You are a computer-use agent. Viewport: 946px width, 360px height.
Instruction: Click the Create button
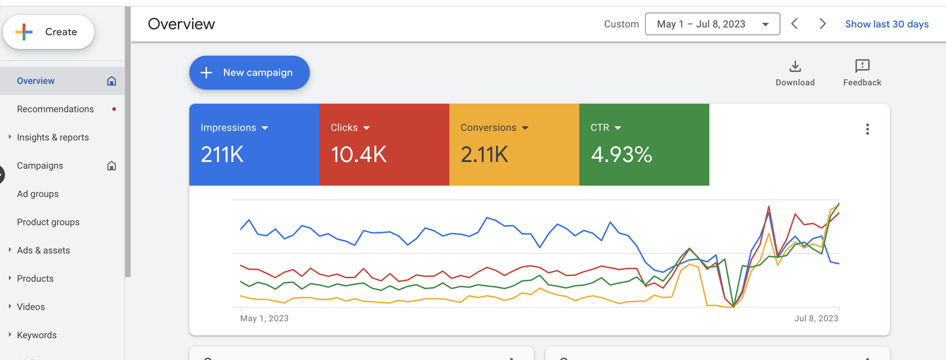tap(48, 32)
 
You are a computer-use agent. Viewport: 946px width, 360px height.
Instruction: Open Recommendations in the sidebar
tap(56, 109)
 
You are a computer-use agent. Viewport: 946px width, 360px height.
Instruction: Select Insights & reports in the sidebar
tap(53, 138)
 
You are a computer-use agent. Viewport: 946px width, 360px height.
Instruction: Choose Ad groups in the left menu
tap(38, 194)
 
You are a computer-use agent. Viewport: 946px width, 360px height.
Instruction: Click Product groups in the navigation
tap(48, 222)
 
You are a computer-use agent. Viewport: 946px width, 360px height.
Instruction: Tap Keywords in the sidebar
tap(37, 335)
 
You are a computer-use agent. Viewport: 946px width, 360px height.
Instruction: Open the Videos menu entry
tap(31, 307)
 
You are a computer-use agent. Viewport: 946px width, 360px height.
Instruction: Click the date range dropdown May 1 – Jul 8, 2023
tap(712, 24)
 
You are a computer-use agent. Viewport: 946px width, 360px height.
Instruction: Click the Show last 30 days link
tap(886, 24)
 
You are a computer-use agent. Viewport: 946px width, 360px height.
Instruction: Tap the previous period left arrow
tap(795, 24)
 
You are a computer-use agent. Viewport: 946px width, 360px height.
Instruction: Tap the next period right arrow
tap(822, 24)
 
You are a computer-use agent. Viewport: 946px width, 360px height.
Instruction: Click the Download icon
tap(795, 66)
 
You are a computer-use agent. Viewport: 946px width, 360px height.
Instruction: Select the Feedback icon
tap(862, 66)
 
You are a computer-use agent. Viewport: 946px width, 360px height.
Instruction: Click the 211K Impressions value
tap(222, 155)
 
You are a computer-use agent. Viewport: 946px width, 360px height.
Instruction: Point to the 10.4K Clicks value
tap(358, 155)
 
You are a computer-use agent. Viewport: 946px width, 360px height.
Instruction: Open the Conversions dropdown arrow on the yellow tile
tap(525, 128)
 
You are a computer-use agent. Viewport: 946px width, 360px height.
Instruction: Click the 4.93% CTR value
tap(621, 155)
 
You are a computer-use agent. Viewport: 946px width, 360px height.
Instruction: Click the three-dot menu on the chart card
tap(867, 129)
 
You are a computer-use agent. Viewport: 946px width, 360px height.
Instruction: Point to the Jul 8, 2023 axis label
tap(816, 319)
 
